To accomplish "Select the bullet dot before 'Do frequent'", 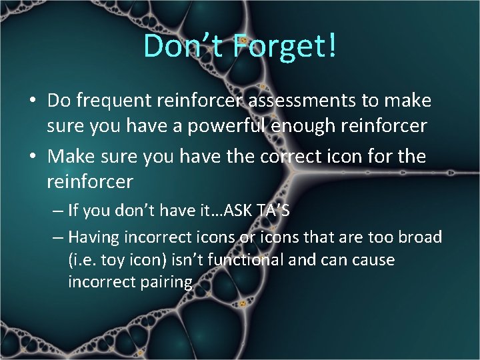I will click(32, 102).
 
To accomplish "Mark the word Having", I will click(93, 237).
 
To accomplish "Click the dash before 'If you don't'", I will click(57, 211).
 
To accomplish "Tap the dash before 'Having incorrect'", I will click(57, 237).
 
